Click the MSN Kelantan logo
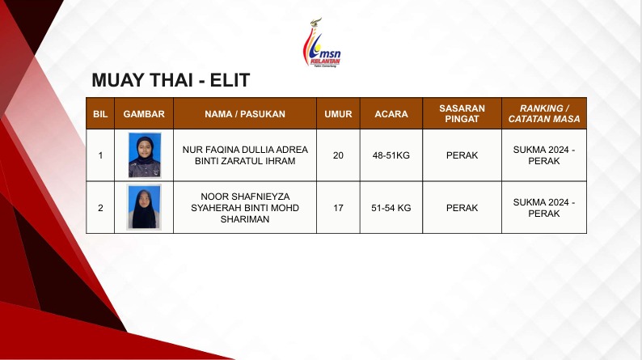coord(322,43)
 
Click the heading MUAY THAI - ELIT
coord(171,80)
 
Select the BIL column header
coord(100,114)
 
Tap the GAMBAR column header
coord(144,114)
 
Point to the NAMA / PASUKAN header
coord(245,114)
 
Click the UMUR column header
coord(338,114)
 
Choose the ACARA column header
coord(391,114)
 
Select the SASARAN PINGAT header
coord(462,114)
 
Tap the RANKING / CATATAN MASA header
coord(544,114)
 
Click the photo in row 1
coord(145,155)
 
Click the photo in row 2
coord(144,207)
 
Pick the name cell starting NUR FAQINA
coord(245,155)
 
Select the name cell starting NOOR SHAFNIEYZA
coord(245,208)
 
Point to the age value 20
coord(338,155)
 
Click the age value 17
coord(338,208)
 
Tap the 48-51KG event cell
coord(391,155)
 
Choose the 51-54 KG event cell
coord(391,208)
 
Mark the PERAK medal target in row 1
coord(462,155)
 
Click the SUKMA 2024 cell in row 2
coord(544,208)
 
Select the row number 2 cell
coord(100,208)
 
